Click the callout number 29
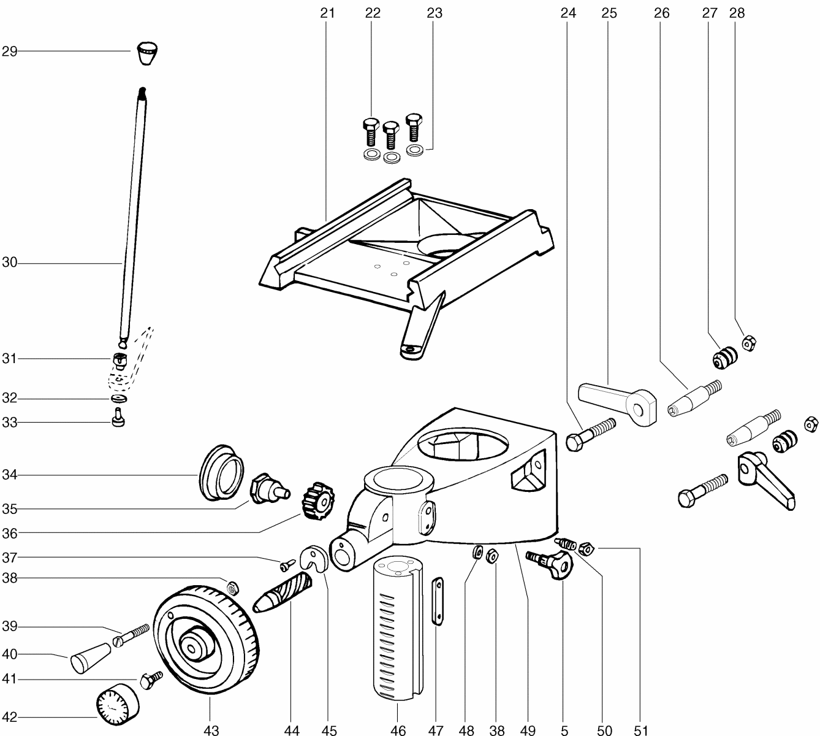pyautogui.click(x=9, y=52)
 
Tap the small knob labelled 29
pyautogui.click(x=145, y=53)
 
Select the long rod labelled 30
pyautogui.click(x=133, y=215)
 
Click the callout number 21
pyautogui.click(x=328, y=12)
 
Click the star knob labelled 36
pyautogui.click(x=318, y=501)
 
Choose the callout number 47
pyautogui.click(x=436, y=730)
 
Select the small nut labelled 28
pyautogui.click(x=748, y=342)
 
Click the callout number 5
pyautogui.click(x=564, y=730)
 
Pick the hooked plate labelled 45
pyautogui.click(x=315, y=558)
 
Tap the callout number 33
pyautogui.click(x=9, y=423)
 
